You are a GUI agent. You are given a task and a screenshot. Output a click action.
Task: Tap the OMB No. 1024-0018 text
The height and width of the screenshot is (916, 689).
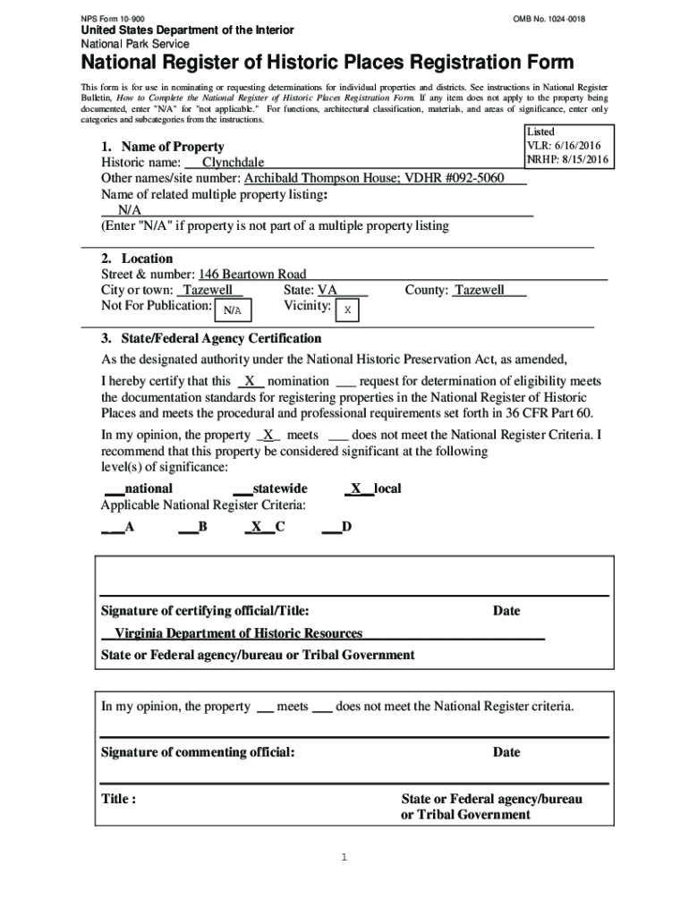click(549, 19)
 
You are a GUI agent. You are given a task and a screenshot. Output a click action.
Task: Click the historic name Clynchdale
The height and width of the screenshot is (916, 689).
click(233, 163)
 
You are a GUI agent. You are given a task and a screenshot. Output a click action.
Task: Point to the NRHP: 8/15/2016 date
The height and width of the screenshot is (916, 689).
click(567, 159)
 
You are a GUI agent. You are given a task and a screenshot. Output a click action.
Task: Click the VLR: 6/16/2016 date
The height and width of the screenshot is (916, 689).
click(564, 145)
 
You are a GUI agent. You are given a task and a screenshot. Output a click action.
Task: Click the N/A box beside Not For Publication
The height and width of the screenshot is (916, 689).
click(232, 310)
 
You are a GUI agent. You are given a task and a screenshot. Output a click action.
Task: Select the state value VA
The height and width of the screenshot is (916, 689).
click(327, 290)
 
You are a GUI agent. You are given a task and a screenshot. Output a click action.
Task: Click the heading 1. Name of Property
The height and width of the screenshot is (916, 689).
click(163, 147)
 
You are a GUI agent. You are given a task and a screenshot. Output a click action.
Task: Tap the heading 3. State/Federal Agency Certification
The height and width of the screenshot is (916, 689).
click(211, 339)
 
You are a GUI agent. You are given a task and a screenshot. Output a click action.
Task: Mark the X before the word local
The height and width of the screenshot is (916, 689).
click(356, 488)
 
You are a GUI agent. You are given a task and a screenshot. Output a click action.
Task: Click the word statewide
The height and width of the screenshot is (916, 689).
click(280, 488)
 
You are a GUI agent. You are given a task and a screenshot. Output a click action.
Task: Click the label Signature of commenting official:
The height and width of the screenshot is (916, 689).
click(198, 751)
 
